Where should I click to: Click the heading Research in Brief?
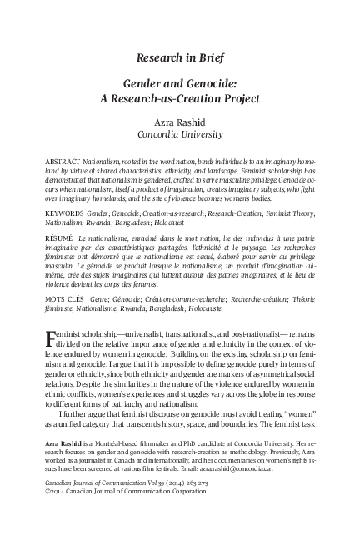(x=179, y=57)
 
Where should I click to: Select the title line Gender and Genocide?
(x=179, y=85)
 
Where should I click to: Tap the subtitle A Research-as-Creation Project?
(x=179, y=100)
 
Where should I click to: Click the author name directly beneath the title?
(x=179, y=121)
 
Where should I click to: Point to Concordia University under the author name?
(x=179, y=133)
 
